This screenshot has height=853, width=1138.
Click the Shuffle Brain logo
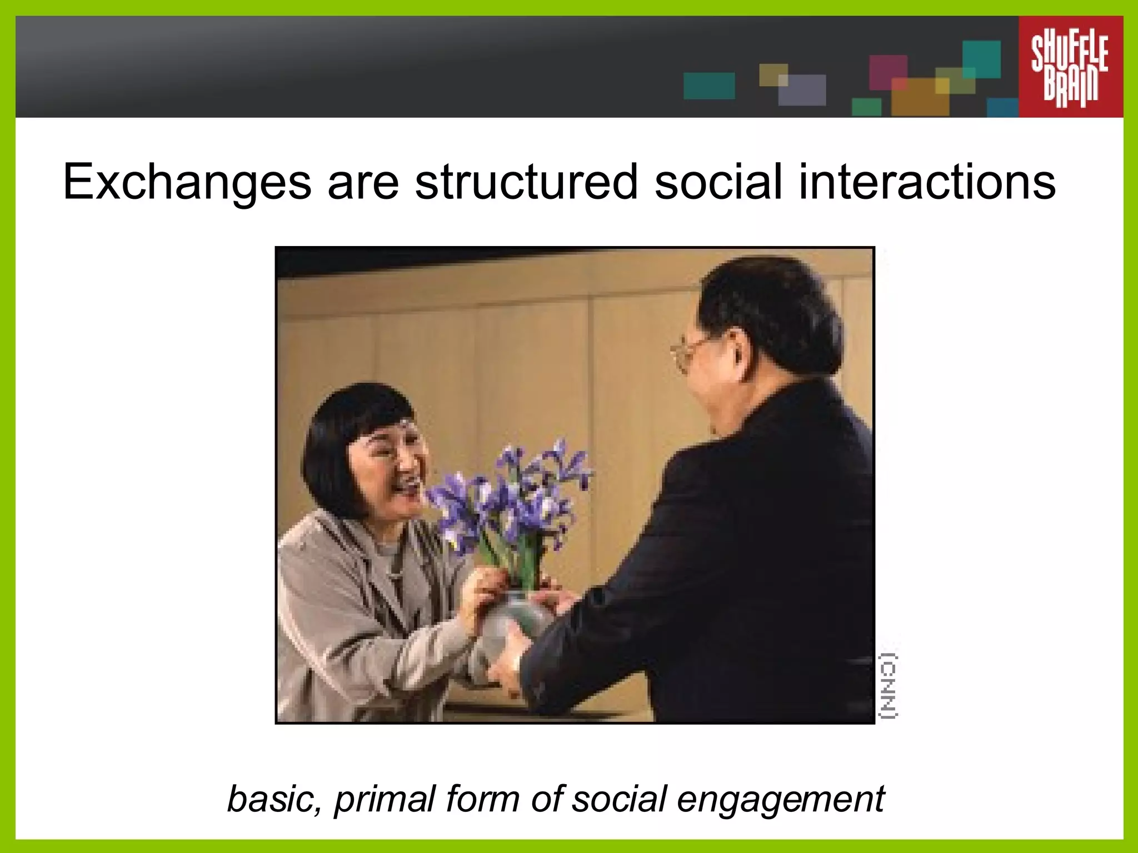tap(1070, 67)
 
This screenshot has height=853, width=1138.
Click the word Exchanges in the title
tap(187, 182)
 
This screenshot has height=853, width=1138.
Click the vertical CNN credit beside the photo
tap(889, 686)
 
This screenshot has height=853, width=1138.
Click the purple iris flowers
tap(514, 489)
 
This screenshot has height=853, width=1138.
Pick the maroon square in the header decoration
tap(887, 71)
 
